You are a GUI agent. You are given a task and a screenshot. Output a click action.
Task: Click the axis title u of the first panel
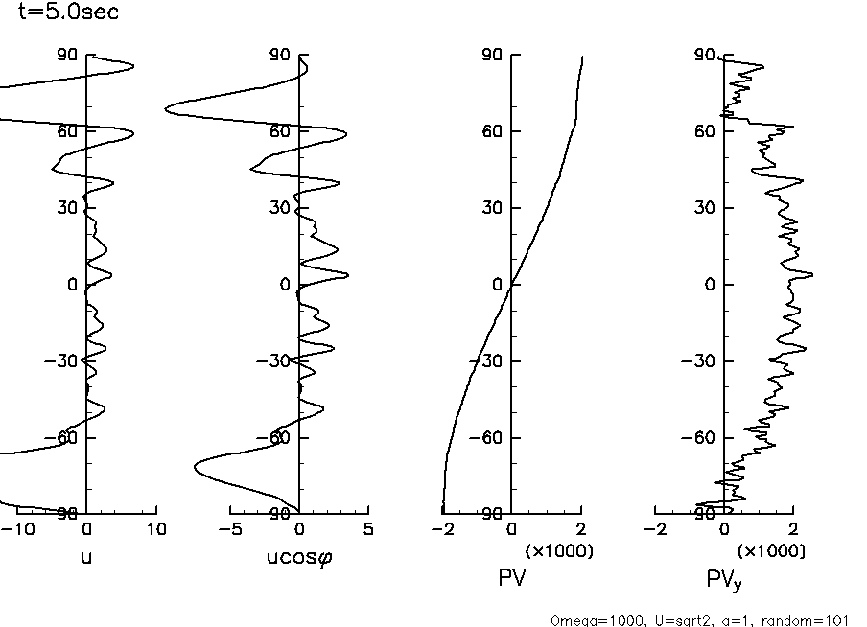point(87,557)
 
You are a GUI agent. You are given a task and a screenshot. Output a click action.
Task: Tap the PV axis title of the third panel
point(512,577)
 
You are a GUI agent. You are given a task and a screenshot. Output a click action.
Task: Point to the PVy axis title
point(724,579)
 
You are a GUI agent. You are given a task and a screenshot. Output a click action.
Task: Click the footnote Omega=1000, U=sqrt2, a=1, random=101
point(700,620)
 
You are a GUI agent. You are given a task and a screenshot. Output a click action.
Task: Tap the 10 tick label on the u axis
point(156,529)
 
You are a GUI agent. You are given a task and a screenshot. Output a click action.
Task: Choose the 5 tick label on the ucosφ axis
point(369,529)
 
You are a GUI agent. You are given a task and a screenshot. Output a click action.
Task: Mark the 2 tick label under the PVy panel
point(793,529)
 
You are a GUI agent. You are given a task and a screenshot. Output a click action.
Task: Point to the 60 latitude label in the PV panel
point(494,131)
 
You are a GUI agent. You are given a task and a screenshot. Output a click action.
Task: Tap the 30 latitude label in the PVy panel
point(706,208)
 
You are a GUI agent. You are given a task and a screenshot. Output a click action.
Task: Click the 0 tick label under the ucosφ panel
point(299,529)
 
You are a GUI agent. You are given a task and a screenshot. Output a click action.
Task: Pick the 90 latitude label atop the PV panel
point(494,56)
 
